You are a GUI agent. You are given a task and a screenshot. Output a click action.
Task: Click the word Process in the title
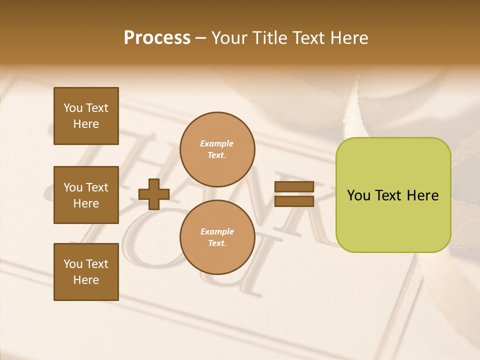[x=157, y=38]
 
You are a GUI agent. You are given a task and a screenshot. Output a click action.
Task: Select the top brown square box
[x=86, y=116]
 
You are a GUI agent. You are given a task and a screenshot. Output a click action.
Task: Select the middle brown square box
[x=86, y=195]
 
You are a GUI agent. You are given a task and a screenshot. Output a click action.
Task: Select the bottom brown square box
[x=86, y=271]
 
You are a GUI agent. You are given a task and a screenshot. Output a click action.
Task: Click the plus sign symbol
[x=154, y=194]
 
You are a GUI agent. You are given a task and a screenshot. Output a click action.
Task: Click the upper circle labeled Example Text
[x=217, y=149]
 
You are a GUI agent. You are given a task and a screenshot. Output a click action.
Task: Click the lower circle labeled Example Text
[x=217, y=237]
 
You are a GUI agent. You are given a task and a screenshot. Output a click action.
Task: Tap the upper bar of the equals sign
[x=294, y=186]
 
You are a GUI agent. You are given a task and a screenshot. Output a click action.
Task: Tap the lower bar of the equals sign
[x=294, y=201]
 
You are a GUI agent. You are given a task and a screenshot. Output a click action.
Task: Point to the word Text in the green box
[x=388, y=195]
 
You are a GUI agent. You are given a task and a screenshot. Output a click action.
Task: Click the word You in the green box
[x=358, y=195]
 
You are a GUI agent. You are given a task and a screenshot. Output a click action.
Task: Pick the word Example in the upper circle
[x=217, y=143]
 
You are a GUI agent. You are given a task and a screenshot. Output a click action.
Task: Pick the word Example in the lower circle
[x=217, y=231]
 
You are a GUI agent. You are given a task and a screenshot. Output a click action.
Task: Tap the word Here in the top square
[x=86, y=124]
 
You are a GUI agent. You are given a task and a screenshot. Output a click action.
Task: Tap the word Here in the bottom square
[x=86, y=280]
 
